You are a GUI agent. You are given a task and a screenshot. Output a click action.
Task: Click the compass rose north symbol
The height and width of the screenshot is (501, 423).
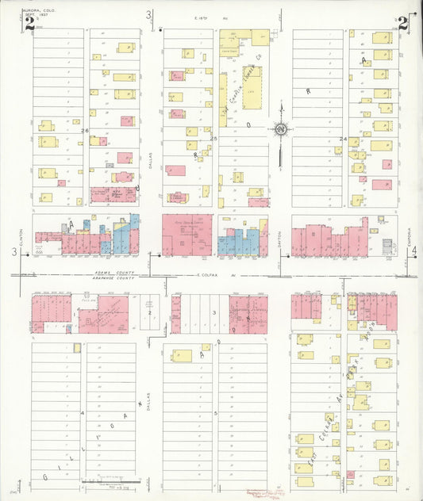(280, 128)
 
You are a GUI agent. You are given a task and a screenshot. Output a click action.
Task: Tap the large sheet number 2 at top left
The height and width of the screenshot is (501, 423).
(29, 23)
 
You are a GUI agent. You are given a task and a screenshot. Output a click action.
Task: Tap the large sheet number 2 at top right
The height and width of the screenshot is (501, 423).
(403, 23)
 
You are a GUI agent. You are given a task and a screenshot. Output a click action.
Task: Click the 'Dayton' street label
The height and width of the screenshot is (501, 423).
(279, 235)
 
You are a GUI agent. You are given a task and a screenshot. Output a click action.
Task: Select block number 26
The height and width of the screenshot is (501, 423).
(84, 130)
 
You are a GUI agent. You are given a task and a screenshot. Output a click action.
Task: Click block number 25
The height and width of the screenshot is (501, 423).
(213, 139)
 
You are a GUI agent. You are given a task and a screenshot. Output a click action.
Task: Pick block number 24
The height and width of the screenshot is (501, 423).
(344, 139)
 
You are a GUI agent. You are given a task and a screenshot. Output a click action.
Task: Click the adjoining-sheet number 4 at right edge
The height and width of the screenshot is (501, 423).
(414, 251)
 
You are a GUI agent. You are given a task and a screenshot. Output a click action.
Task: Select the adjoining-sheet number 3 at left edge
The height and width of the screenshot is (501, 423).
(13, 251)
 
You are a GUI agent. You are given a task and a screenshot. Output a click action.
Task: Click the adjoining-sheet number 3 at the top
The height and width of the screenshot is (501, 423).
(148, 14)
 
